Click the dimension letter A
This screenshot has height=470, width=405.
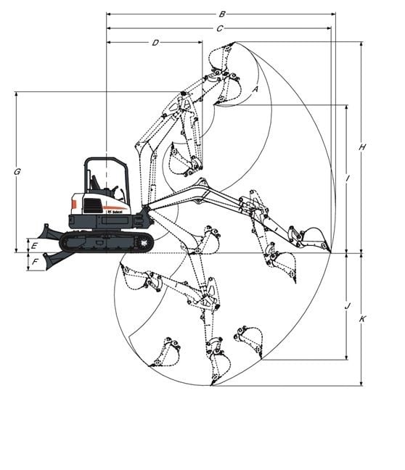[x=255, y=88]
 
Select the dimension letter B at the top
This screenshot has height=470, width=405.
[x=222, y=14]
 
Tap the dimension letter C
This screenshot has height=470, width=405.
[x=219, y=28]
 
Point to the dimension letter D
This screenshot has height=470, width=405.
[x=155, y=43]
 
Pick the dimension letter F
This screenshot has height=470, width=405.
[x=34, y=261]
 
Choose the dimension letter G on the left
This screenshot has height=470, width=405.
[x=17, y=172]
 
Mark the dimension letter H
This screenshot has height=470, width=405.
[x=362, y=147]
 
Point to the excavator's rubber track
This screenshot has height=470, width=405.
[x=106, y=242]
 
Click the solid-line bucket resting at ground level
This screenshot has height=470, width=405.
[x=314, y=238]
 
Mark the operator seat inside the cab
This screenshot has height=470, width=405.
[x=96, y=186]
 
